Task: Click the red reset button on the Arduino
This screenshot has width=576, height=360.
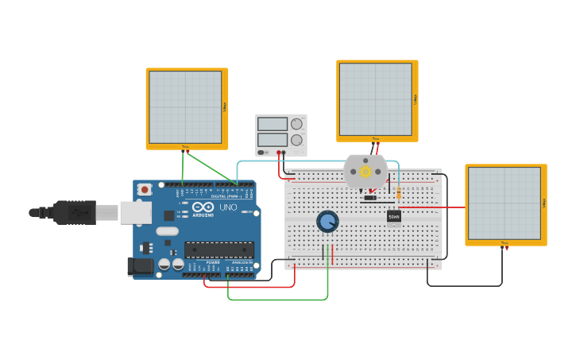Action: click(144, 190)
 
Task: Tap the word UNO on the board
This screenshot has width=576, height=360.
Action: click(228, 207)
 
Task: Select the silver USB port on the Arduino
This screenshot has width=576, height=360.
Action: click(135, 212)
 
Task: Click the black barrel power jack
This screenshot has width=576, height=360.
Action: click(141, 267)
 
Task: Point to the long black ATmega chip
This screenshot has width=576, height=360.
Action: click(218, 250)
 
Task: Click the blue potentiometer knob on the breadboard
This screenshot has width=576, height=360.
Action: click(327, 222)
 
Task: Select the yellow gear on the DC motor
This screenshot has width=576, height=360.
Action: click(365, 171)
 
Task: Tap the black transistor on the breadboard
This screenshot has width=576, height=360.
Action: click(393, 215)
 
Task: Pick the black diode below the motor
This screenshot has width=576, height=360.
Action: click(369, 198)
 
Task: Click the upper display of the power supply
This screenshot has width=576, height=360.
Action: click(273, 124)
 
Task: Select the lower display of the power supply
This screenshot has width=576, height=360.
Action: click(273, 140)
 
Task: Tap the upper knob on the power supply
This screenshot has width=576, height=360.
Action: click(296, 124)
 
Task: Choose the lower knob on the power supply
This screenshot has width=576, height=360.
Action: click(296, 141)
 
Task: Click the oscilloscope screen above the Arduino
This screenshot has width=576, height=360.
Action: click(185, 107)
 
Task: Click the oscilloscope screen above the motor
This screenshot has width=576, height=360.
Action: click(376, 99)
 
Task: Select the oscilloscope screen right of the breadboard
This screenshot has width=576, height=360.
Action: click(504, 203)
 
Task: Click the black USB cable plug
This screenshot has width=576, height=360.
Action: click(75, 212)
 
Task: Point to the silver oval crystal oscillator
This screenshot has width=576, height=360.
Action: click(167, 231)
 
